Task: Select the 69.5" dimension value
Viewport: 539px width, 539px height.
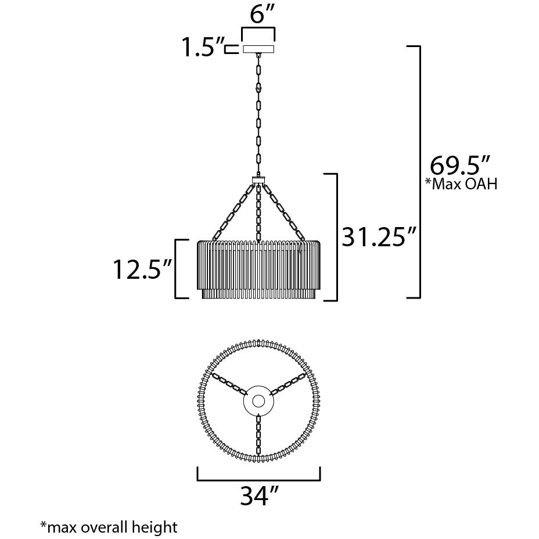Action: [x=456, y=166]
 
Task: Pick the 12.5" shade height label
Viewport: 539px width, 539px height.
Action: [x=141, y=269]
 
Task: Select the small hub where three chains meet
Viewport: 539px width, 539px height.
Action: [x=258, y=179]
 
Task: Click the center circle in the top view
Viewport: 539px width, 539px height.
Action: [x=258, y=401]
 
